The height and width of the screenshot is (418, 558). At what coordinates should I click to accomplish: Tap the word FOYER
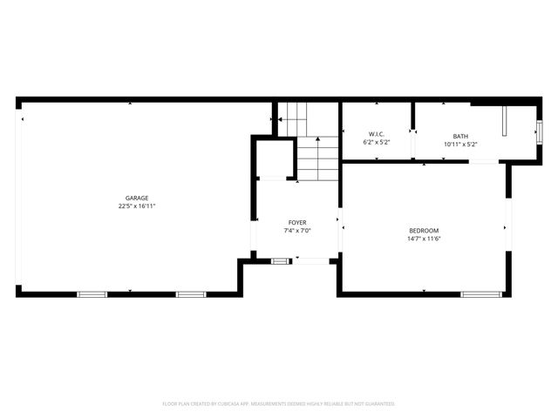[x=297, y=222]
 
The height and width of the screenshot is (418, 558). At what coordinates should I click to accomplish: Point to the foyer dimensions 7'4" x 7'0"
[x=297, y=231]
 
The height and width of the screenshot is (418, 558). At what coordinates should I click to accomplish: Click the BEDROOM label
[x=424, y=230]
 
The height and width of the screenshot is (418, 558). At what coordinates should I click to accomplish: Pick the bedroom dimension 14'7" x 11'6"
[x=424, y=239]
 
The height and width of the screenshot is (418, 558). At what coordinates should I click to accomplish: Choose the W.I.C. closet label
[x=377, y=134]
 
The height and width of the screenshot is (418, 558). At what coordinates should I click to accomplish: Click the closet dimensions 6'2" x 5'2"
[x=377, y=142]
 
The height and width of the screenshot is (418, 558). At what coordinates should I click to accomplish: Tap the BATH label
[x=459, y=136]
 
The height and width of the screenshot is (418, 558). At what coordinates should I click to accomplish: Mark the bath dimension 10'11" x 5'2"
[x=459, y=144]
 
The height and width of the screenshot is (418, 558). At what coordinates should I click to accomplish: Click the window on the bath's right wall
[x=538, y=131]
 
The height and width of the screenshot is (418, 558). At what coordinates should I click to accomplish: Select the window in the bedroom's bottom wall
[x=479, y=293]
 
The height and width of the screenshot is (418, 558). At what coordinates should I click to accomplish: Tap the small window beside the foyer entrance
[x=281, y=260]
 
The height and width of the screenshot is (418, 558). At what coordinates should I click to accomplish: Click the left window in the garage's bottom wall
[x=92, y=293]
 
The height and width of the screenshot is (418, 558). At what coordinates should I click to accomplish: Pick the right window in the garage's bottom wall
[x=190, y=293]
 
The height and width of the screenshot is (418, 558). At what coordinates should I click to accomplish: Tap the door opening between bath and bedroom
[x=485, y=162]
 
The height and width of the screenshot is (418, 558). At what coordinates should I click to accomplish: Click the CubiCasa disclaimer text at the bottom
[x=279, y=404]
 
